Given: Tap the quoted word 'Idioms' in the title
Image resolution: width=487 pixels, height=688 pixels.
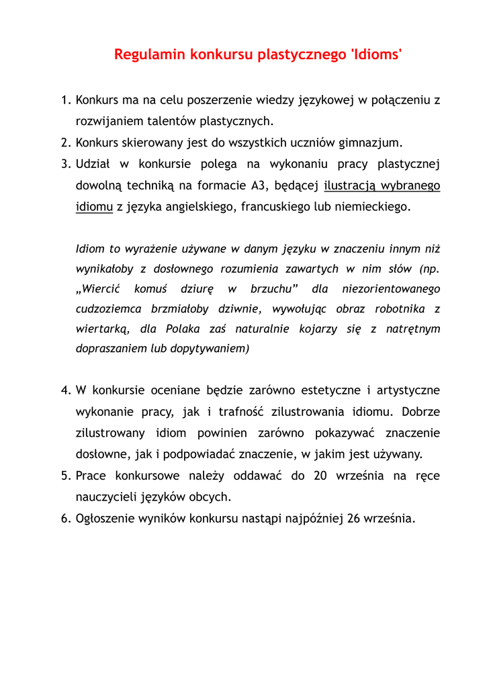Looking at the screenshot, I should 377,54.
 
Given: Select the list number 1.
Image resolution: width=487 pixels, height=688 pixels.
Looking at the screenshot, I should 65,100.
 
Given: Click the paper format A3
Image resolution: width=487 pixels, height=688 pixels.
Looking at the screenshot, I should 258,185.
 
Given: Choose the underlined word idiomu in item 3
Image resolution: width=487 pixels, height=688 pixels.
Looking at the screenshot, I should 94,207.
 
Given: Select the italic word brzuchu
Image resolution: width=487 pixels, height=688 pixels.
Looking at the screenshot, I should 273,289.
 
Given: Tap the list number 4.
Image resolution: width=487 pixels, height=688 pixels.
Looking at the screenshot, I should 65,390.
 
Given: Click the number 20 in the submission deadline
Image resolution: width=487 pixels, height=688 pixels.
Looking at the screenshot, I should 320,476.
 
